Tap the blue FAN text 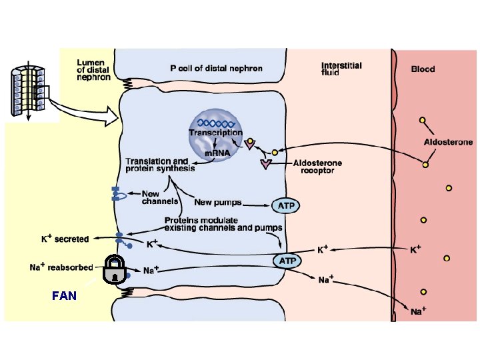(x=64, y=296)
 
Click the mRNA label (x=217, y=153)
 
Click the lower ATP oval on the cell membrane (x=286, y=260)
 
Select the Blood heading (x=423, y=69)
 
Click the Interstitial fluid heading (x=341, y=69)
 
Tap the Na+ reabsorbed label (x=61, y=267)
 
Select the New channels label (x=160, y=197)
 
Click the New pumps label (x=218, y=202)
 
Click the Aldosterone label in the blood (x=448, y=142)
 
